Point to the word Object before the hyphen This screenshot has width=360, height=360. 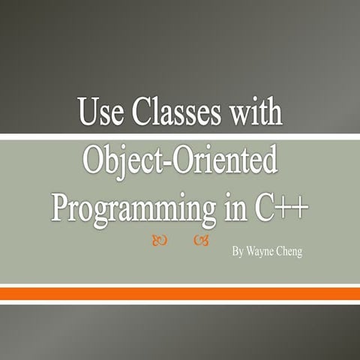pos(124,162)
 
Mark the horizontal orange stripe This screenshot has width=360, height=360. pos(180,294)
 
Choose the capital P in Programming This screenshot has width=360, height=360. pos(61,205)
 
